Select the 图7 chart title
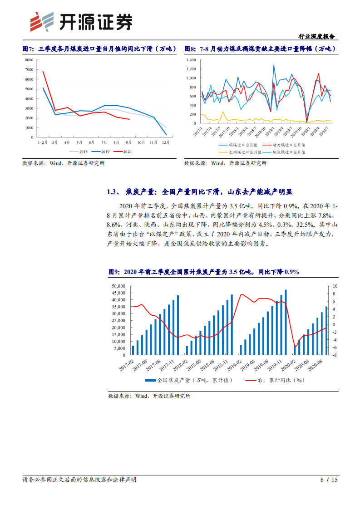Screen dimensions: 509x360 [x=96, y=49]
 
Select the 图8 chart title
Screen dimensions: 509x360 [x=260, y=49]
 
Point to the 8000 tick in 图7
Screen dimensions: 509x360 [x=30, y=60]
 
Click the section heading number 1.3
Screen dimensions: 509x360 [x=113, y=192]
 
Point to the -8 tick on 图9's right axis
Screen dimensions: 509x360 [x=335, y=355]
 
